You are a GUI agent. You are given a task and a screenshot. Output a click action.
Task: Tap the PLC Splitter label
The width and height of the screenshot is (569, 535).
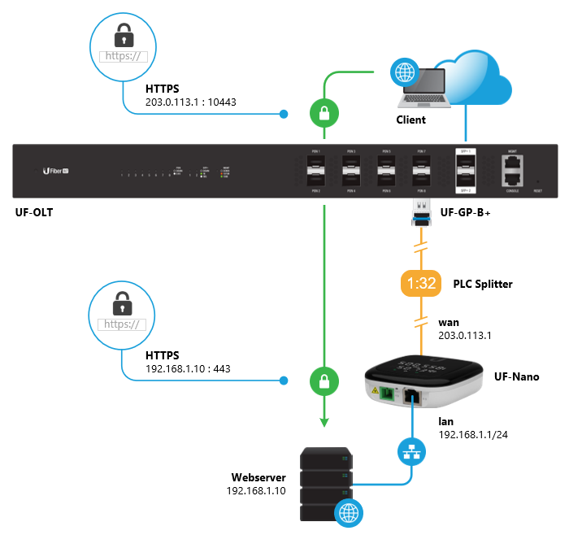484,284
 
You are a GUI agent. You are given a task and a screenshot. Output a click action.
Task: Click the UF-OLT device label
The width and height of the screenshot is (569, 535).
35,213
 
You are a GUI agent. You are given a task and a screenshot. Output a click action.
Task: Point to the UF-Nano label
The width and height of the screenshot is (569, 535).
517,377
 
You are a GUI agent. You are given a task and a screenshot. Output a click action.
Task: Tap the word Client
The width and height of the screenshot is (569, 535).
410,120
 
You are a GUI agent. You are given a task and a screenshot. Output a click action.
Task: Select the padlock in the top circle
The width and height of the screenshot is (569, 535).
124,35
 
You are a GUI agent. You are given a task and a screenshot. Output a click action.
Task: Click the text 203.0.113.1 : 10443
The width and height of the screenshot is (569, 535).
190,102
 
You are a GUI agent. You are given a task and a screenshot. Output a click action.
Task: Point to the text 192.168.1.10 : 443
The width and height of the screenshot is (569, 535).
188,368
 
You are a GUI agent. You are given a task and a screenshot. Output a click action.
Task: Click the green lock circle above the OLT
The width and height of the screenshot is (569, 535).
324,114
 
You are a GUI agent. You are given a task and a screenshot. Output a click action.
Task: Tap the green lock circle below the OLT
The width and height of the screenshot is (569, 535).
324,380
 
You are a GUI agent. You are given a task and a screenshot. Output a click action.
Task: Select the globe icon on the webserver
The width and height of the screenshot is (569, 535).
349,512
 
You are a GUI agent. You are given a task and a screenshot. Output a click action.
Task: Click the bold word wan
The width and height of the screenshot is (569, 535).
448,323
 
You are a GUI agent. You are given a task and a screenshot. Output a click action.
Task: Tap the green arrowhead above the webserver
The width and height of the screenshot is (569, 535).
324,421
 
